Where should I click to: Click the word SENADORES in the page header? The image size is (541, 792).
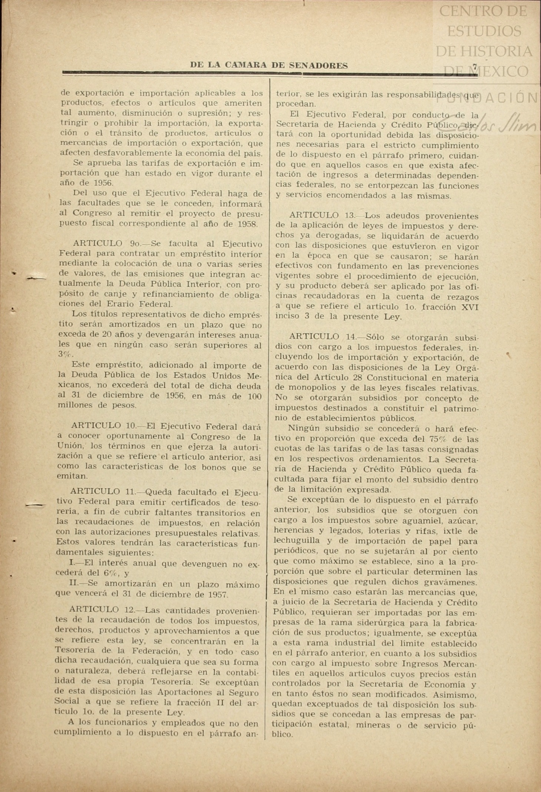click(318, 66)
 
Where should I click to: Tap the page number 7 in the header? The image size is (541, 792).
click(475, 66)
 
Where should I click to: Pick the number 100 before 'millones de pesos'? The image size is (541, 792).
click(254, 396)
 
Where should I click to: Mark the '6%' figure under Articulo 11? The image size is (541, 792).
click(110, 573)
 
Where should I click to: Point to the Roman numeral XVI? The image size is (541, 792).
click(469, 307)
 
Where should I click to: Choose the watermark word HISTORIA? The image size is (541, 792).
click(484, 51)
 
